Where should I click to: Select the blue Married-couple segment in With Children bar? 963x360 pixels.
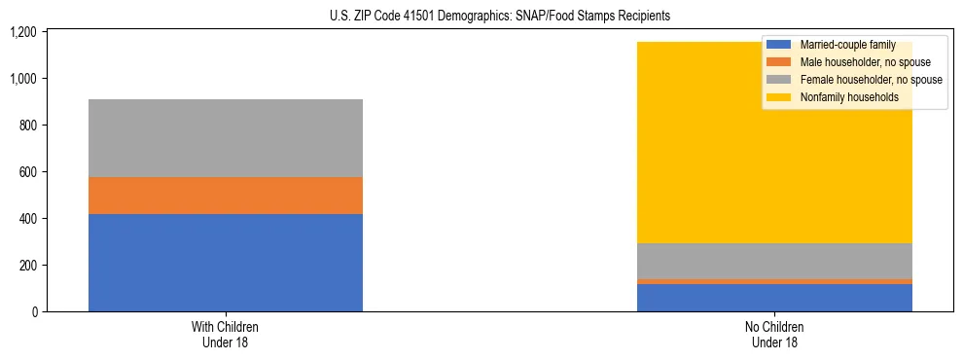[225, 263]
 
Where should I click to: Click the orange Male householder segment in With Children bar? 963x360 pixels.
[225, 196]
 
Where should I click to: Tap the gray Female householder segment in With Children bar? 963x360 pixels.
[225, 138]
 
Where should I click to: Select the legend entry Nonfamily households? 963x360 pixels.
[842, 97]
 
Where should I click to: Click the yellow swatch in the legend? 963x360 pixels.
[778, 97]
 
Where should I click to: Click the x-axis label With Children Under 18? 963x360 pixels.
[225, 334]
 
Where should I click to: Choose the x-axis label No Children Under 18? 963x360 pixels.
[774, 334]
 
